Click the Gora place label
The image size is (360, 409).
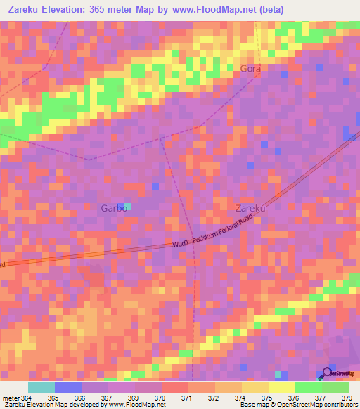coord(250,68)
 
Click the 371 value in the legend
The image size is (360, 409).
coord(186,397)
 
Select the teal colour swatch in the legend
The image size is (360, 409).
coord(41,387)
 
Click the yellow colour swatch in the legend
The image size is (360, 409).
coord(281,387)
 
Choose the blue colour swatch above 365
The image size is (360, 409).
coord(67,387)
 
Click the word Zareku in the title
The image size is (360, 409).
coord(24,9)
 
